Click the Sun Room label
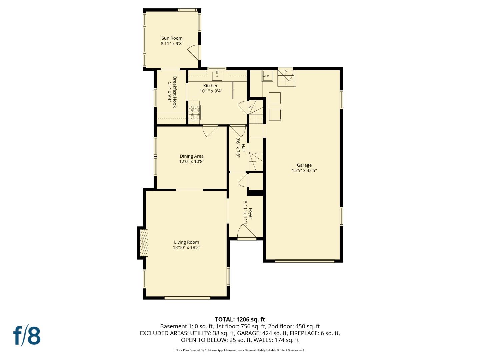[x=172, y=38]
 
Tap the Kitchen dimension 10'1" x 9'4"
[x=211, y=91]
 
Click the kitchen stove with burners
[x=195, y=112]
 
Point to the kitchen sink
[x=217, y=75]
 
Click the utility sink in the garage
[x=267, y=76]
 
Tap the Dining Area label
[x=192, y=156]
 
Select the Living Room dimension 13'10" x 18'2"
[x=186, y=248]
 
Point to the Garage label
[x=304, y=165]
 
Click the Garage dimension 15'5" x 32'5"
[x=304, y=170]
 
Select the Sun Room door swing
[x=194, y=52]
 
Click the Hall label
[x=244, y=148]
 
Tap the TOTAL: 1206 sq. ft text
[x=240, y=319]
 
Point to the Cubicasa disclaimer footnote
[x=240, y=350]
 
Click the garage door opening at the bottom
[x=305, y=261]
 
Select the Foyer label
[x=250, y=214]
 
